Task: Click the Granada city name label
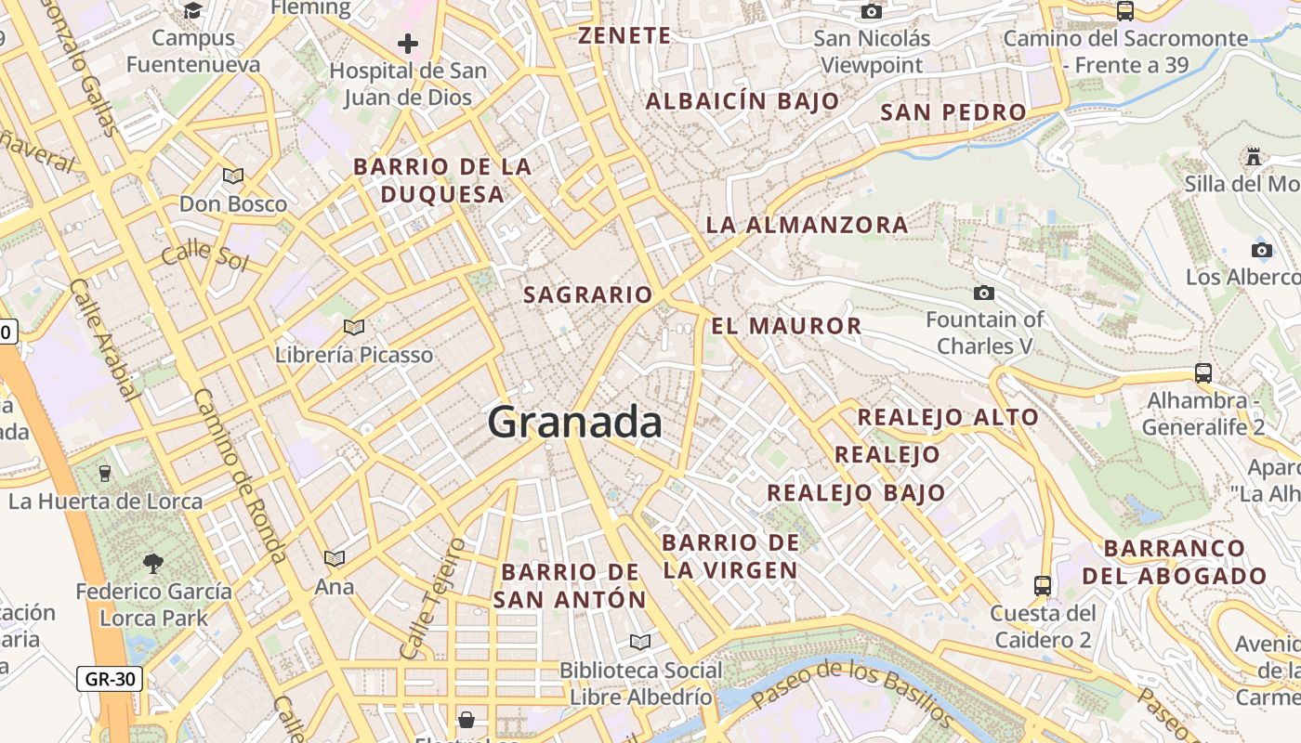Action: [x=574, y=423]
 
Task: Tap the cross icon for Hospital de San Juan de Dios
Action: [x=407, y=44]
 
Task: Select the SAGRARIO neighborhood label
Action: [x=588, y=295]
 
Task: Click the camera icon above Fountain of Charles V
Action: [x=983, y=293]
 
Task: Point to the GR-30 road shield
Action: [x=110, y=679]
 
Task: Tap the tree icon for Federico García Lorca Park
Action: [x=152, y=563]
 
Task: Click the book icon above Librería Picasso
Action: [x=353, y=327]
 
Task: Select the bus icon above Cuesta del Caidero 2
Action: [x=1043, y=586]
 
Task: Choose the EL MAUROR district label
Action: [x=786, y=326]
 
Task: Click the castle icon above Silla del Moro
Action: [x=1254, y=156]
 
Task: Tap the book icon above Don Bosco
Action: [x=232, y=176]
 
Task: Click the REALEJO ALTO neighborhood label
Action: [x=947, y=417]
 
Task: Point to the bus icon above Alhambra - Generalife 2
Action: [x=1203, y=373]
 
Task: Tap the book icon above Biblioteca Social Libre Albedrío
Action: [x=639, y=642]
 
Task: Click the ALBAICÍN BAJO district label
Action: [x=742, y=101]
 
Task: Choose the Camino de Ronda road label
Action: [x=239, y=475]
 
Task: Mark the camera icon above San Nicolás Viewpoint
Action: [x=871, y=11]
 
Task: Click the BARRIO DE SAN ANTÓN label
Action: [x=569, y=585]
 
